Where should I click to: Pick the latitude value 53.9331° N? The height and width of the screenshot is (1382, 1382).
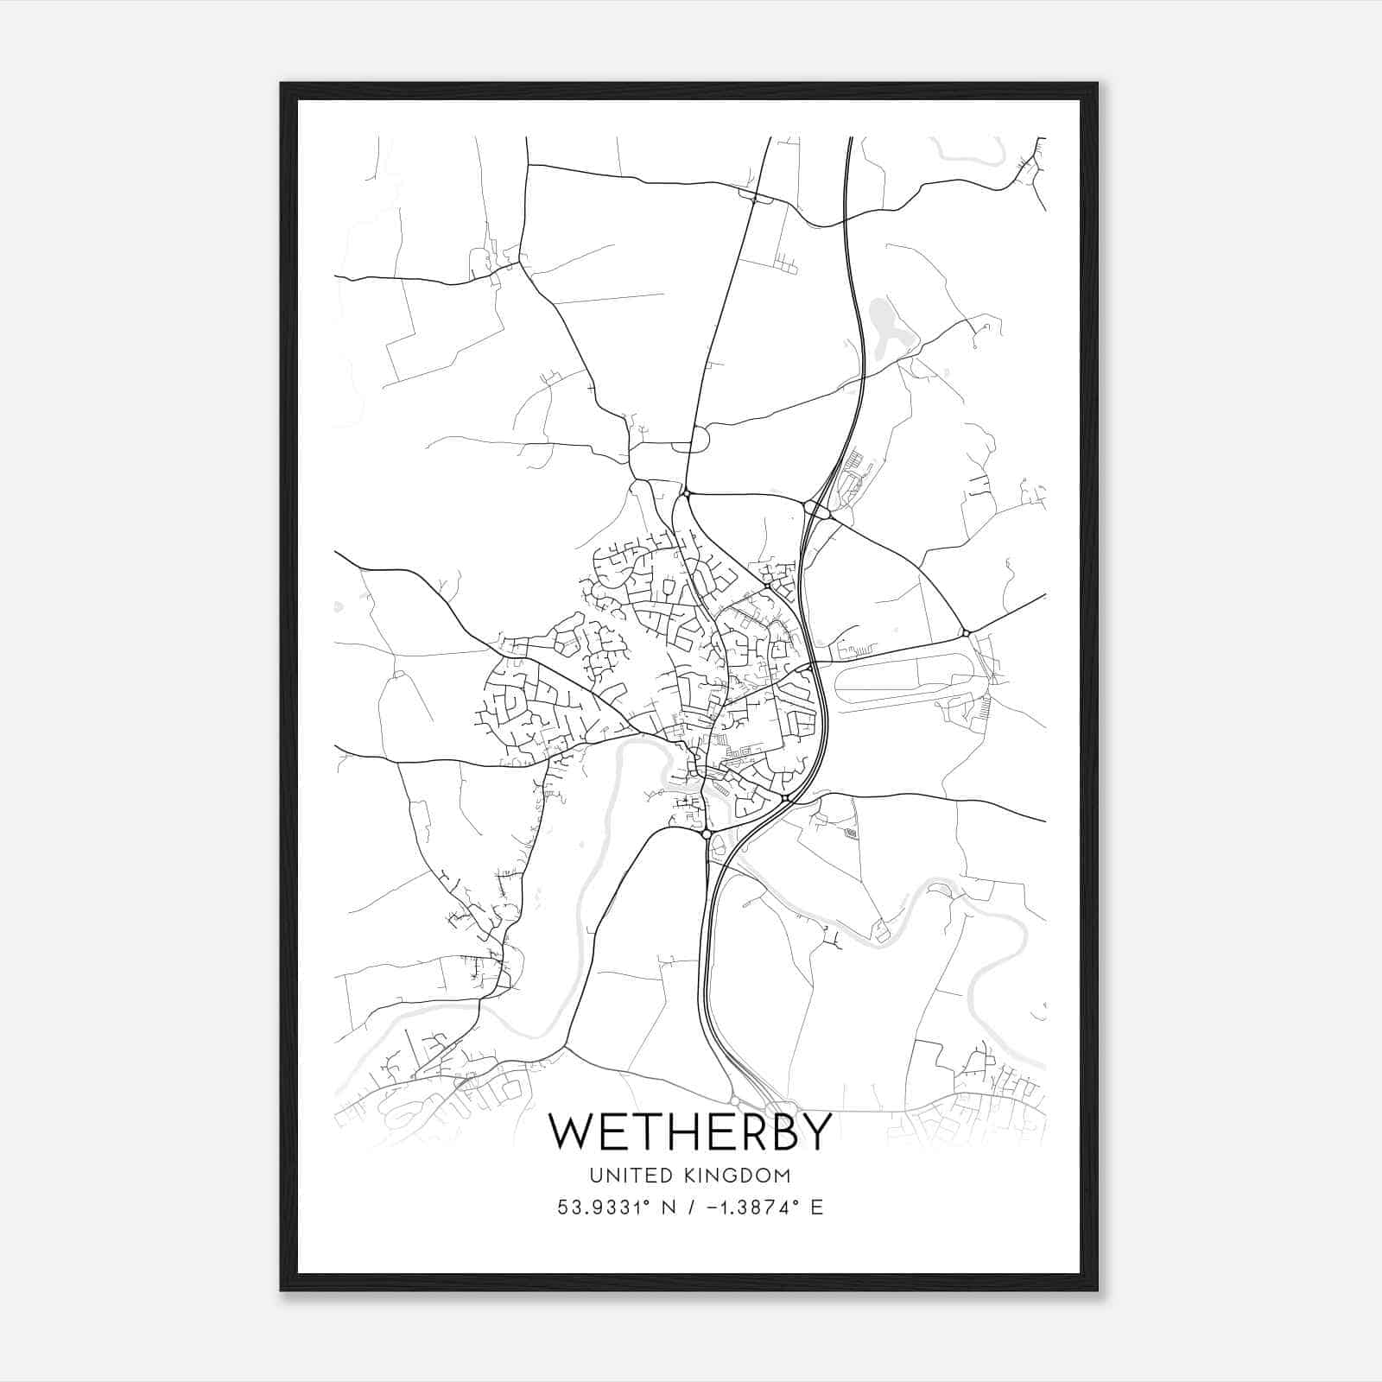[614, 1207]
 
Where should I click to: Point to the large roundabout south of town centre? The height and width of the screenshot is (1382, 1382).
[707, 834]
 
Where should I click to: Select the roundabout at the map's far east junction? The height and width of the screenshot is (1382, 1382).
[967, 633]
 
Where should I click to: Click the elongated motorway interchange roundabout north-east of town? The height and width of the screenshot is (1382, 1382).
[816, 510]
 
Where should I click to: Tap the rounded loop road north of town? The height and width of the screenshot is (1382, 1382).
[691, 440]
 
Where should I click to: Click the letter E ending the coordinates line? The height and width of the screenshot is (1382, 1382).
[816, 1207]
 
